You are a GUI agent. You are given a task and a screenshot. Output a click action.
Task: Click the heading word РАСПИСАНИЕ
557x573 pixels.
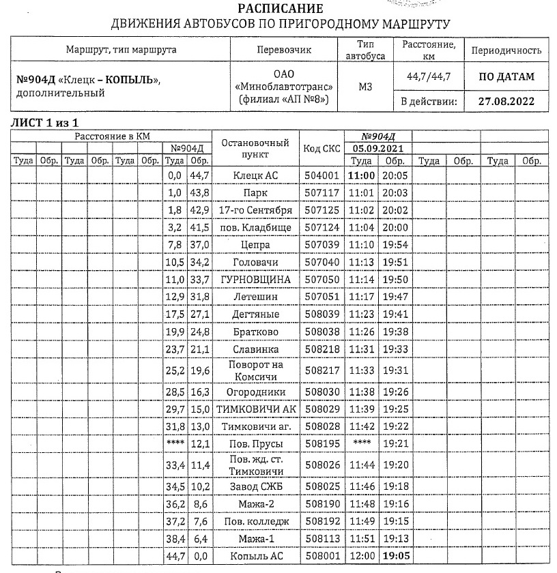[x=278, y=10]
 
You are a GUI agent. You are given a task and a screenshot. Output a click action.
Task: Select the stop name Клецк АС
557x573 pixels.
[x=256, y=175]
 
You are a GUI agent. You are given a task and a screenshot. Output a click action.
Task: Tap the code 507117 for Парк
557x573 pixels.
[x=321, y=193]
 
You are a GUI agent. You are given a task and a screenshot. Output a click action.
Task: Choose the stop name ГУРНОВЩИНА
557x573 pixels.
[x=256, y=280]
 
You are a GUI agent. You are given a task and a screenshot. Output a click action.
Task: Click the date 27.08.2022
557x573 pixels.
[x=506, y=101]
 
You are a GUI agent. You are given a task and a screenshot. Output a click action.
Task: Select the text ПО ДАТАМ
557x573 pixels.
[x=506, y=76]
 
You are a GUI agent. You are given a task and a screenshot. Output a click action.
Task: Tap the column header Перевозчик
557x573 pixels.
[x=283, y=50]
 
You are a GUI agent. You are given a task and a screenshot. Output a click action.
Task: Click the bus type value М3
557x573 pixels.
[x=365, y=87]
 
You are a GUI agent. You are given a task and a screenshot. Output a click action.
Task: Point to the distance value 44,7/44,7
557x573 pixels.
[x=429, y=76]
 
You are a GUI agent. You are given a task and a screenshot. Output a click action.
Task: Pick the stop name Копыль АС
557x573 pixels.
[x=256, y=556]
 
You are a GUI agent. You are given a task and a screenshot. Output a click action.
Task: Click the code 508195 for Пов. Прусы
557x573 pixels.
[x=321, y=443]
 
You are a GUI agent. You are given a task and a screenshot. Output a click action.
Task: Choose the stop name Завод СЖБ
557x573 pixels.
[x=256, y=486]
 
